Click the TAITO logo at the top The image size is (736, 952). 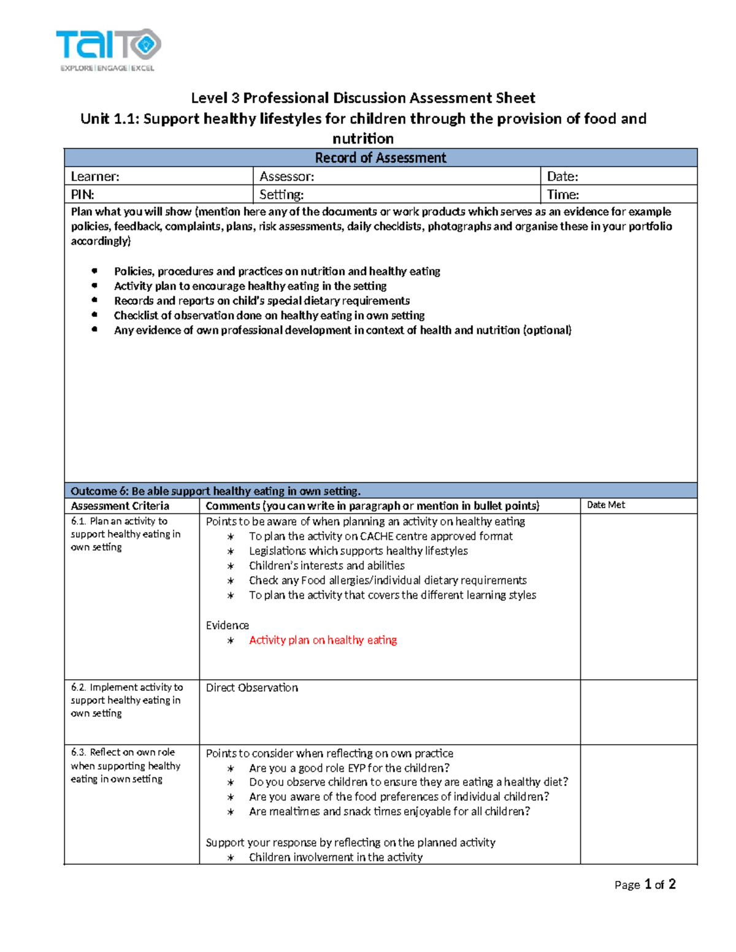pos(108,49)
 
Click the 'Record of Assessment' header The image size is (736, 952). pos(380,158)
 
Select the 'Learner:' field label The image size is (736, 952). pos(95,177)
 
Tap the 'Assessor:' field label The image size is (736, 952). pos(286,177)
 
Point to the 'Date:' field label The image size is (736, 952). pos(562,177)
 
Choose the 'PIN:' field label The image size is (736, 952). pos(82,195)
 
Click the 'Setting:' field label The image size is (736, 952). pos(281,195)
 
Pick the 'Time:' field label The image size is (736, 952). pos(562,195)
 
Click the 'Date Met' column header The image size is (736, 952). pos(605,505)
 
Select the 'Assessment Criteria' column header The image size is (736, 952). pos(120,506)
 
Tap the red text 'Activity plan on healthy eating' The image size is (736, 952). pos(323,640)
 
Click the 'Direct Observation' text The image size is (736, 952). pos(251,688)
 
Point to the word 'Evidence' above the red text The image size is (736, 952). pos(227,625)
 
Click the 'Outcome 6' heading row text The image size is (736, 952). pos(215,491)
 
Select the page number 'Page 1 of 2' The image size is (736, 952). pos(645,885)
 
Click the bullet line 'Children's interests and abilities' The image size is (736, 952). pos(326,566)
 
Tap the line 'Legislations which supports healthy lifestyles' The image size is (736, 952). pos(358,551)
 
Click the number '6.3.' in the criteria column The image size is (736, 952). pos(79,752)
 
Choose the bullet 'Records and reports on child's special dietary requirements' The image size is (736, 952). pos(261,301)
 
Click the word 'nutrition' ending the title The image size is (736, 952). pos(363,139)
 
